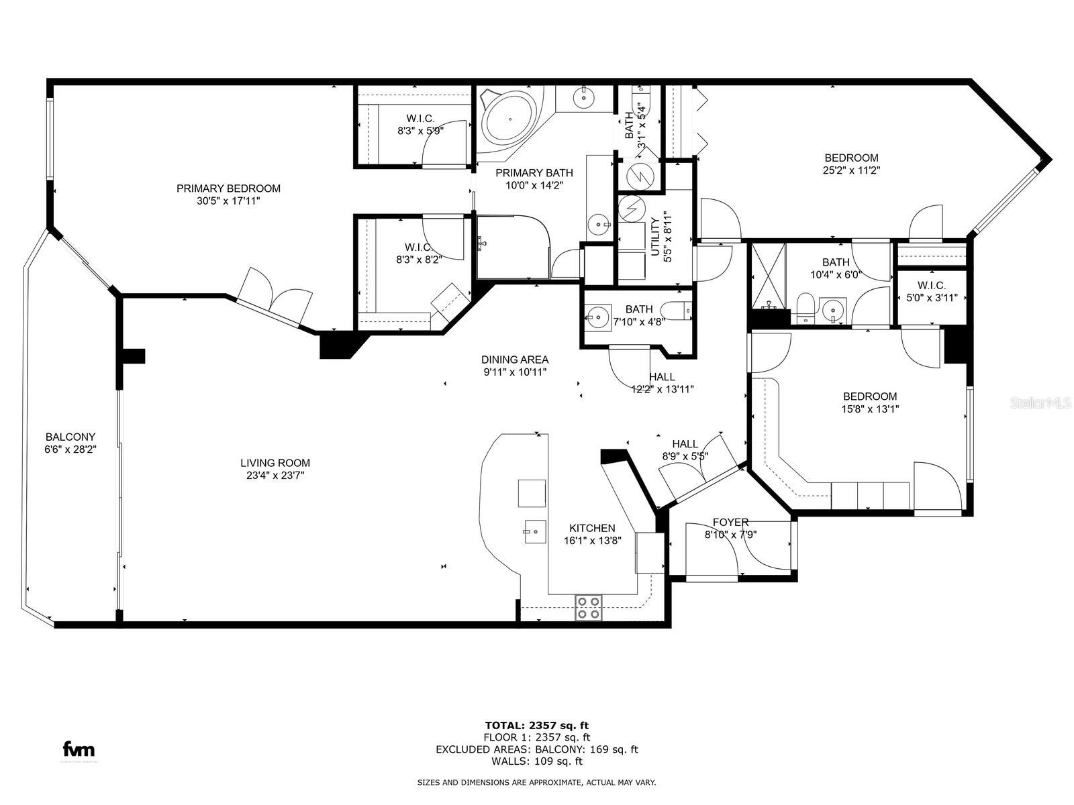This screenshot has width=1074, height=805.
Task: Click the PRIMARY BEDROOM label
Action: click(228, 189)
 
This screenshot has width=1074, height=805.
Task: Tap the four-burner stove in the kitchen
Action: click(589, 607)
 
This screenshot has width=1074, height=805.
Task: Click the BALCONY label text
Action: click(70, 437)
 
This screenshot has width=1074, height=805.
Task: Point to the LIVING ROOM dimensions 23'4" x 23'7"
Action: click(275, 476)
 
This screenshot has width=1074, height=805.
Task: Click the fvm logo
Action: click(79, 749)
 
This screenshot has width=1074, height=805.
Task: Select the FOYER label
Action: click(730, 522)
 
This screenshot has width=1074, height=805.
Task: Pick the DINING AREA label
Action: click(515, 359)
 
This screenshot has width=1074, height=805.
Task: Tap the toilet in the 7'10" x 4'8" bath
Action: click(675, 310)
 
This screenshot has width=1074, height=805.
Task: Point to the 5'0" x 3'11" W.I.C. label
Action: click(930, 298)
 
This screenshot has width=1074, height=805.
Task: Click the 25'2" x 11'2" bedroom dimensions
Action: click(851, 170)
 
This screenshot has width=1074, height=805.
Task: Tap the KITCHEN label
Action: click(592, 528)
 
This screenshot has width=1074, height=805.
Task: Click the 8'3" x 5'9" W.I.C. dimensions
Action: click(420, 131)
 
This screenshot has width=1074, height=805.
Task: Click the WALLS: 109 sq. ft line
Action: click(536, 761)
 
